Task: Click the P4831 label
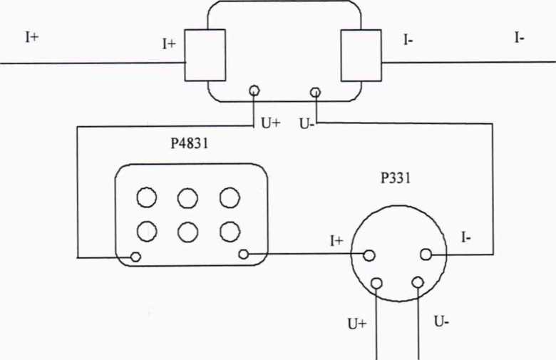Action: pos(190,143)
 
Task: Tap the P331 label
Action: pos(395,178)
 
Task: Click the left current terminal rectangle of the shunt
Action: pos(205,55)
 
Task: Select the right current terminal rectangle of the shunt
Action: pos(361,55)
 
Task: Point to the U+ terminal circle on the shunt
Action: pos(253,91)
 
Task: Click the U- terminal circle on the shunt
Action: pos(315,91)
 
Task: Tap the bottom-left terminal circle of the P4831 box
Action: pos(135,257)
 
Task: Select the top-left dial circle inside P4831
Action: pos(146,197)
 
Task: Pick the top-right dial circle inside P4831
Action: pos(230,197)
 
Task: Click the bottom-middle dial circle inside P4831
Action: pos(187,231)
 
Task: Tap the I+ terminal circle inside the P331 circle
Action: pos(369,254)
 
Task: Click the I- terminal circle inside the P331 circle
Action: pos(426,254)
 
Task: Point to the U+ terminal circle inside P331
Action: pos(376,282)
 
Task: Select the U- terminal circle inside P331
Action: pos(418,282)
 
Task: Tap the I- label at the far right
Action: pos(520,38)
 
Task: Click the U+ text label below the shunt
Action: pos(270,123)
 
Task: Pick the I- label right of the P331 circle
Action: pos(465,238)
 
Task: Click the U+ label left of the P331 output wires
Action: pos(356,324)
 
